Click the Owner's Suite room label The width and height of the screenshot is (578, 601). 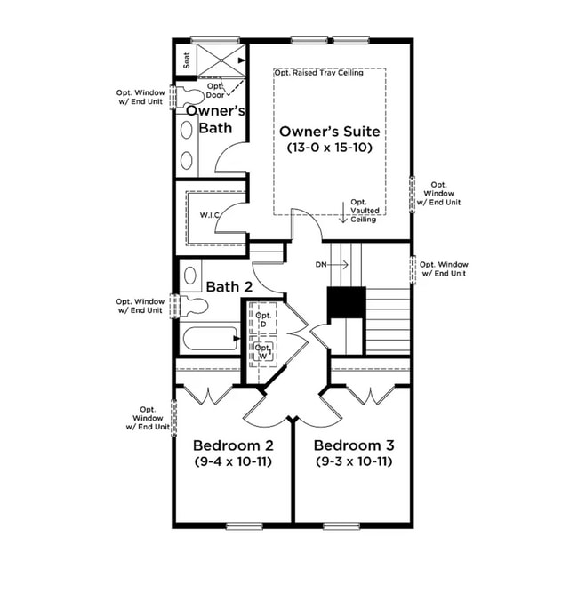[329, 132]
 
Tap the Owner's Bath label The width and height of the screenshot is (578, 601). [215, 119]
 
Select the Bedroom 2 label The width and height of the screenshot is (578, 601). [232, 445]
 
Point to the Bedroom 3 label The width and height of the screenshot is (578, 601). [353, 445]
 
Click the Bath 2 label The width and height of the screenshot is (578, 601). [229, 287]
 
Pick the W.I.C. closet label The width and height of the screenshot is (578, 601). [210, 214]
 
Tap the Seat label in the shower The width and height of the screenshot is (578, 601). [187, 60]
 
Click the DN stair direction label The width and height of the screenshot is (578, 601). [322, 265]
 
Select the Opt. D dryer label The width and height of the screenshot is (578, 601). [263, 320]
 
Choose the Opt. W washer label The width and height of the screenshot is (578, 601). [263, 352]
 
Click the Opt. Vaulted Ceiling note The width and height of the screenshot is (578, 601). [364, 211]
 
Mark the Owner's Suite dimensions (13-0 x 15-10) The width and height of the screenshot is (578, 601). [329, 148]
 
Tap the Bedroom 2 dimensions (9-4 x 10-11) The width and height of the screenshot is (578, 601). [232, 461]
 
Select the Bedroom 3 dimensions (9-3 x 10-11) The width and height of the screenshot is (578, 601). [353, 461]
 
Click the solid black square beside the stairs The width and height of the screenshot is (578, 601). [347, 305]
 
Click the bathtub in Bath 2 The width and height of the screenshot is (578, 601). [208, 339]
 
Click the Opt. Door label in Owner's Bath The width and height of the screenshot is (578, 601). [215, 91]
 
